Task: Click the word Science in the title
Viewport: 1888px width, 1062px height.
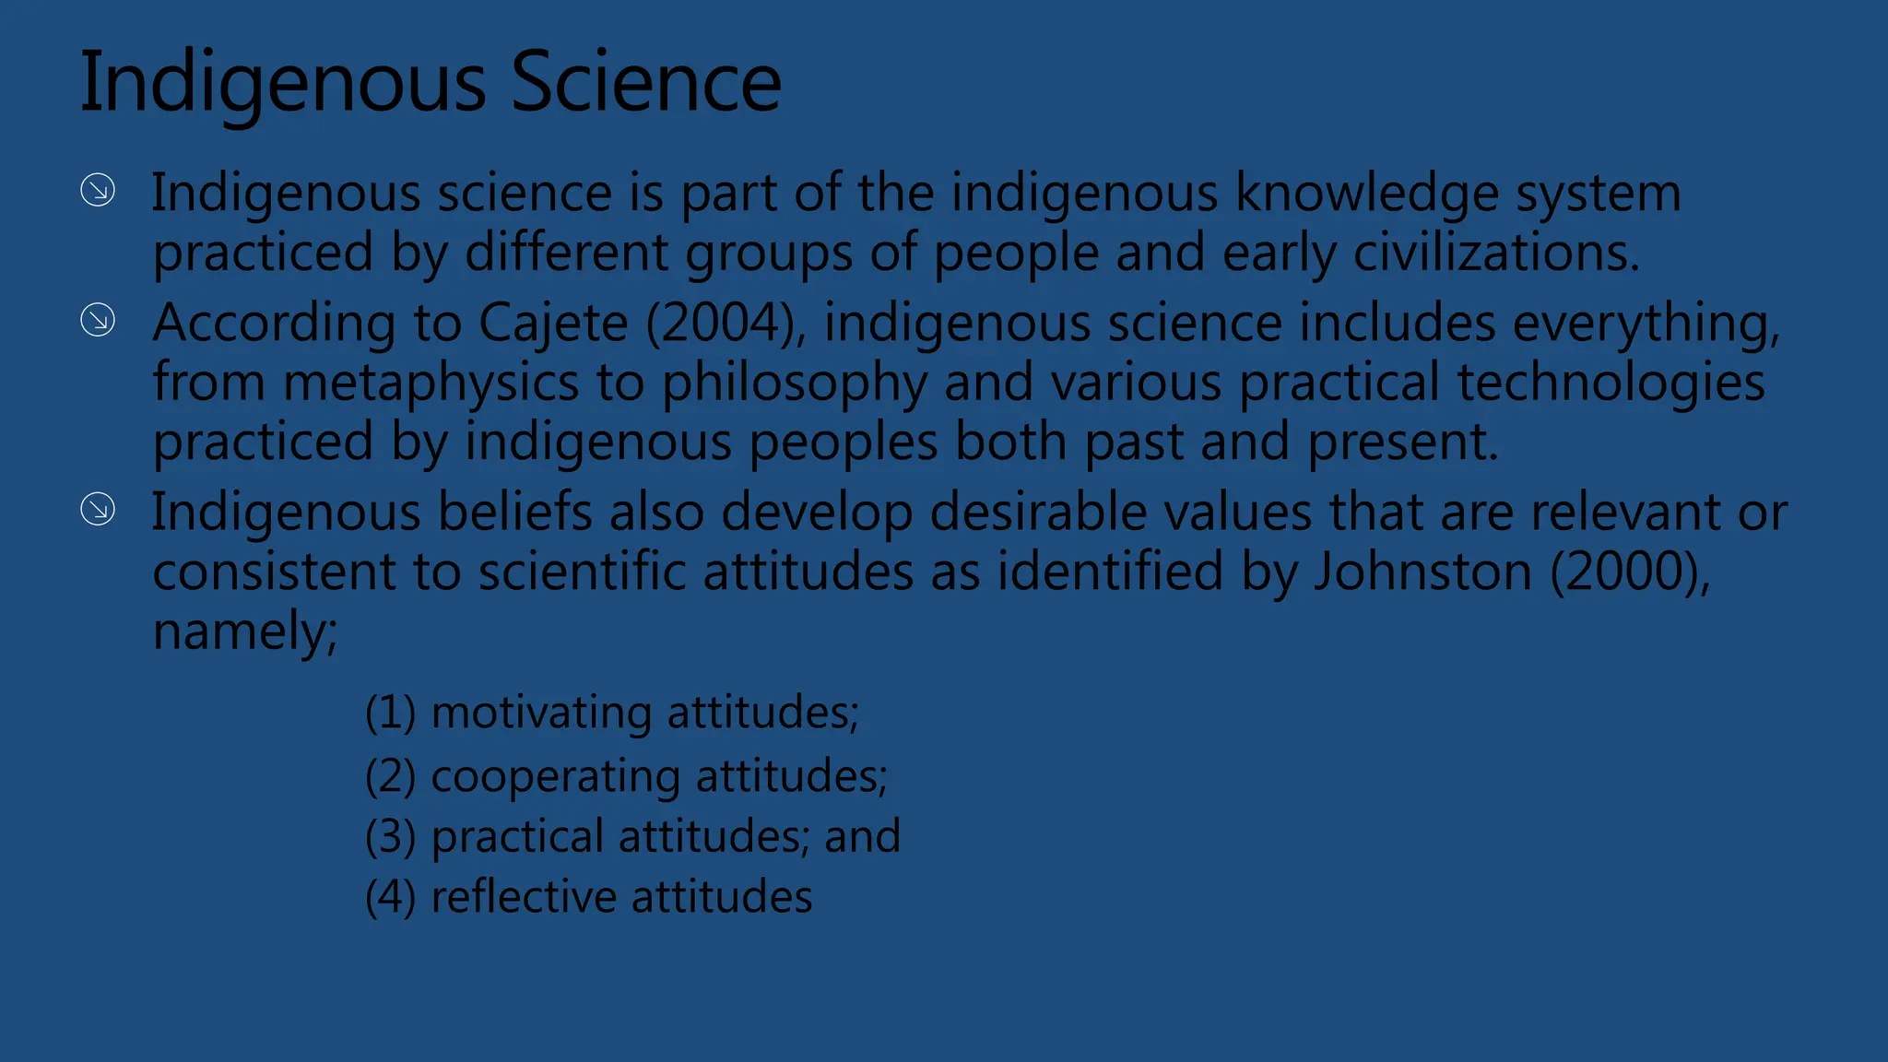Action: point(645,83)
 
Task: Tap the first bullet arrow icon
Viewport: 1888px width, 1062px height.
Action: point(98,191)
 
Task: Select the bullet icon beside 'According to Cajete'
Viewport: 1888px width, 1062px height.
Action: point(98,321)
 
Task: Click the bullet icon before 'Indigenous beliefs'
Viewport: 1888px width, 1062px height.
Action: point(98,509)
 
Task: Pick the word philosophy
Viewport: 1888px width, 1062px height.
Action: point(794,383)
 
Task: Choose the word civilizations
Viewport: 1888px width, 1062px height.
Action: point(1495,253)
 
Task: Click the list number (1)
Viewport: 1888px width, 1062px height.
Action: point(390,713)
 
